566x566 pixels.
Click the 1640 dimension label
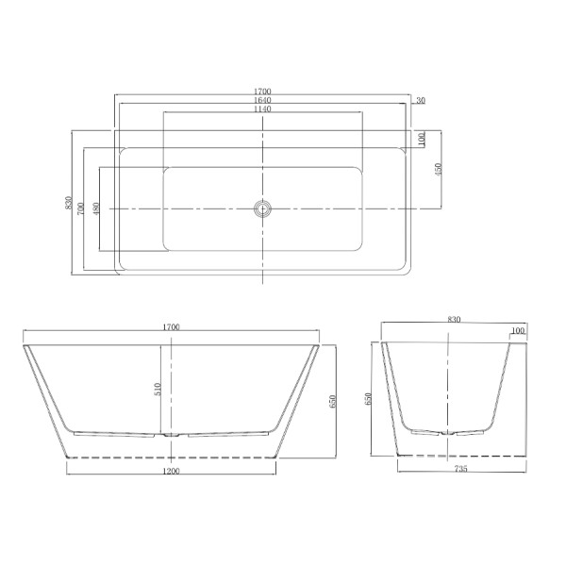[263, 100]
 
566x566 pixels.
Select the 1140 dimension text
[263, 109]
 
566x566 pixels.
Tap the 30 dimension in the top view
[420, 100]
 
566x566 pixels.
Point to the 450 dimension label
[437, 169]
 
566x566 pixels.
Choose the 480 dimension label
[96, 208]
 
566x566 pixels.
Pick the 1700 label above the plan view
[263, 92]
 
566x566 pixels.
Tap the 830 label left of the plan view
[68, 204]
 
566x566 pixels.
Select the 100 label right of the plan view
[422, 139]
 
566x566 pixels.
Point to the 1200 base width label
[171, 469]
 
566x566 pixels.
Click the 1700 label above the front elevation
[171, 326]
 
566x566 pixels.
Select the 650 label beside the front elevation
[331, 401]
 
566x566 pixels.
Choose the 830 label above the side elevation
[455, 323]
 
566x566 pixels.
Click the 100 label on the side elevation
[517, 331]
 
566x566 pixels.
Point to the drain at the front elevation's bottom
[171, 436]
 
